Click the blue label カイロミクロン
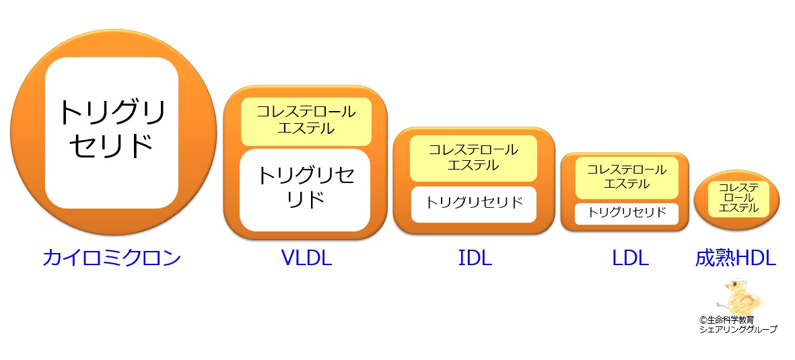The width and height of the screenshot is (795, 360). (112, 258)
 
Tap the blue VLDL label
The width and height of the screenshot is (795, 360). (306, 258)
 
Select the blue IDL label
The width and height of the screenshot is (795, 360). (475, 258)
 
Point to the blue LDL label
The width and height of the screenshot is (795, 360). (630, 258)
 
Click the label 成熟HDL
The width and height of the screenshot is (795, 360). (736, 258)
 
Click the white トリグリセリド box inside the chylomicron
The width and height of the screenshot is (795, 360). (112, 133)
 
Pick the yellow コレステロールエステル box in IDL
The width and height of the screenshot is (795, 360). (473, 158)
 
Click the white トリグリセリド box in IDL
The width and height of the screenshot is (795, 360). (473, 205)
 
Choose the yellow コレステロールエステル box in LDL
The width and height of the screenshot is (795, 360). (627, 178)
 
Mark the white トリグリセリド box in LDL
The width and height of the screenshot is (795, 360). (627, 213)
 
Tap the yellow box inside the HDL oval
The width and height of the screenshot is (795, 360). (738, 199)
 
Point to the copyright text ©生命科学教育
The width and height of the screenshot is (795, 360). (726, 320)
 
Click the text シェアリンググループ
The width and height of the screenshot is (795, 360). (738, 330)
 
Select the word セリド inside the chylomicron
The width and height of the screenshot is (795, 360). (112, 145)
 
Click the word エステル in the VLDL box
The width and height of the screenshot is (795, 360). (306, 129)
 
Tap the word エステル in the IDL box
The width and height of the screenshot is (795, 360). (473, 165)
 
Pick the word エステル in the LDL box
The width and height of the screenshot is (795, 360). (627, 184)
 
